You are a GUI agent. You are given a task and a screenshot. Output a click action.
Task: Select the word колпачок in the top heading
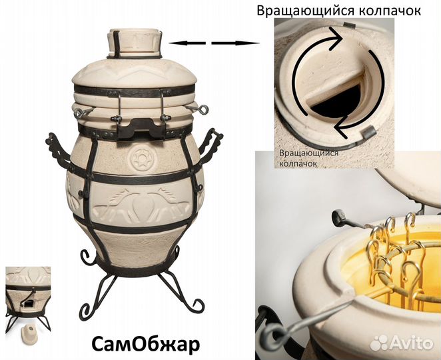[401, 12]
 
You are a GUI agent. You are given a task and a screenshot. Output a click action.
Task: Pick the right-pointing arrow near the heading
[236, 43]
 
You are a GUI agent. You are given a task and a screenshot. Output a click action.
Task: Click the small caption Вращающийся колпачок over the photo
[308, 157]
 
